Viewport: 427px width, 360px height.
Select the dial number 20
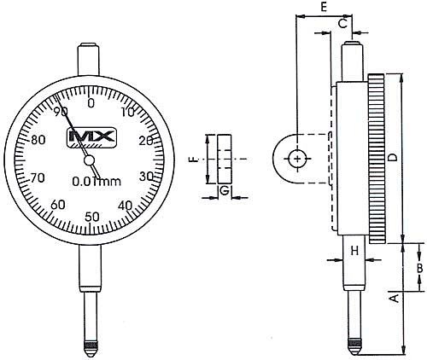145,142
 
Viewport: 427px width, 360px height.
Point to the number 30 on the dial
146,176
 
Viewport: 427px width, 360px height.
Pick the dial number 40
126,205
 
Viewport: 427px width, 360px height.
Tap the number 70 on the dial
37,177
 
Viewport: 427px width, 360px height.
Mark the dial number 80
37,142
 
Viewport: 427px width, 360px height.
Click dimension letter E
324,7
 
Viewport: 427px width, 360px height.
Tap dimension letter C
342,24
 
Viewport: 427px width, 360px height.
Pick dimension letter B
419,268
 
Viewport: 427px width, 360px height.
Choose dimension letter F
194,159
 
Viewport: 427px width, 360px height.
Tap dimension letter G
224,191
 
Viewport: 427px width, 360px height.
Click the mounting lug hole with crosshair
296,159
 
